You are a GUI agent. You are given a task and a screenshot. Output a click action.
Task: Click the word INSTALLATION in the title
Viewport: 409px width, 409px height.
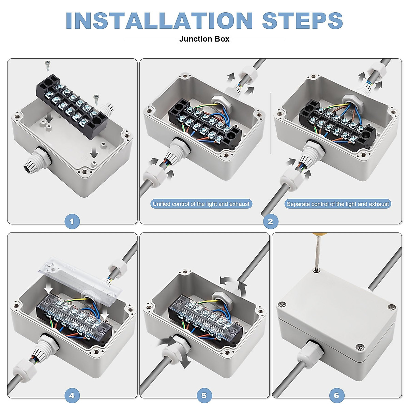coord(159,20)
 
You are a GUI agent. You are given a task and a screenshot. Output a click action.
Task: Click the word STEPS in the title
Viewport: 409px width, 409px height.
coord(302,20)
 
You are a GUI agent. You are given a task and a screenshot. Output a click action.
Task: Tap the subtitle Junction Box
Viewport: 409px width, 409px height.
coord(204,39)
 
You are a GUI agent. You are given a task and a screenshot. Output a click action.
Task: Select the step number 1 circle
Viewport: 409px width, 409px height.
coord(72,222)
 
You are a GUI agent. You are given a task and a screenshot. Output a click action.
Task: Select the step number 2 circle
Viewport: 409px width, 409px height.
coord(271,222)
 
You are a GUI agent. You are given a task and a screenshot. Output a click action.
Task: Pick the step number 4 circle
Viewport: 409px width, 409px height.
coord(72,395)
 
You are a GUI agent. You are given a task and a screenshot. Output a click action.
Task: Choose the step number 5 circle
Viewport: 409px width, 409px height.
coord(204,395)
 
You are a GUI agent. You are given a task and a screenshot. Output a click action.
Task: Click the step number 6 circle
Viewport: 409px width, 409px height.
coord(337,395)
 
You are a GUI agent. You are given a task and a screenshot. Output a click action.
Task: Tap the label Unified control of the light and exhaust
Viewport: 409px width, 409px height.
coord(201,204)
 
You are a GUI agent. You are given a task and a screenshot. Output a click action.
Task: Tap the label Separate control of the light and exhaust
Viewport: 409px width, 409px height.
coord(338,204)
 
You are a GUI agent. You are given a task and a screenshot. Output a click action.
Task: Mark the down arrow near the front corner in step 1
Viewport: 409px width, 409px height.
coord(94,152)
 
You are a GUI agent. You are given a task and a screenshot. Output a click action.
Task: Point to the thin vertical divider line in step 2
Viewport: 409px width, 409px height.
coord(271,123)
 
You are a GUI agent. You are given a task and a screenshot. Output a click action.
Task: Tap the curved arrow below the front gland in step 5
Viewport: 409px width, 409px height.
coord(184,362)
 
